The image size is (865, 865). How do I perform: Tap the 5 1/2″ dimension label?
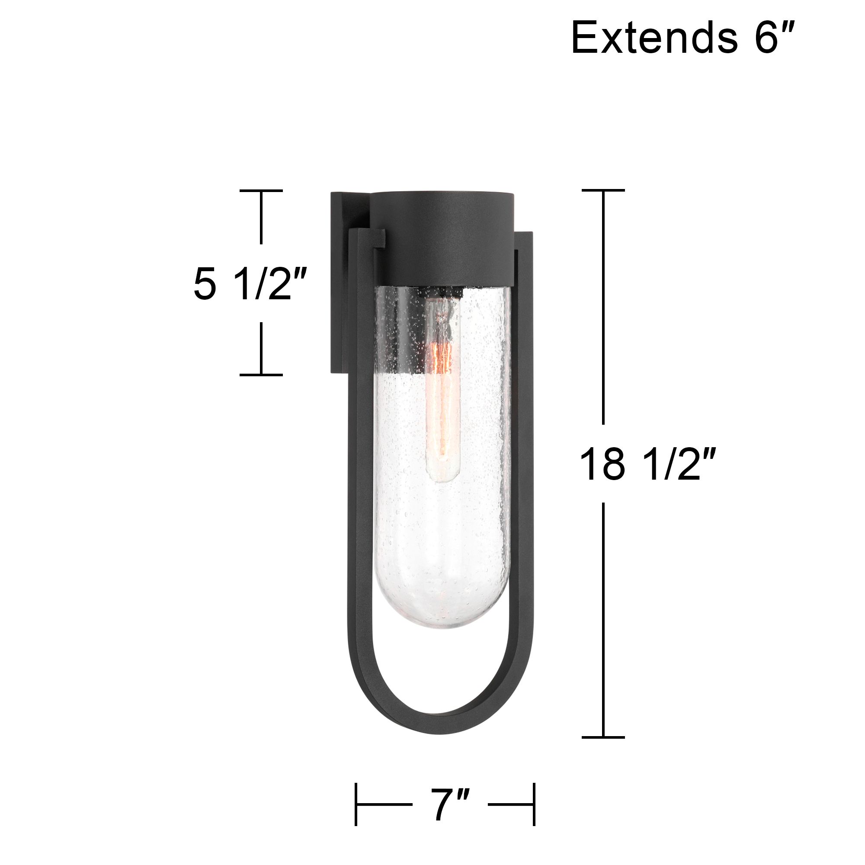pos(250,285)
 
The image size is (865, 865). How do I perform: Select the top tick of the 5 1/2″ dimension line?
pos(261,191)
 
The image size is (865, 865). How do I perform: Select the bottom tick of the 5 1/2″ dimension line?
pos(261,374)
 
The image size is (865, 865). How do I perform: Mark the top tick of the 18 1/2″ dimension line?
pos(603,191)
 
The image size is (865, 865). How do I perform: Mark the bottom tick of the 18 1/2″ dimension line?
pos(603,737)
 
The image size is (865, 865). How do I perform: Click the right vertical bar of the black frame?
pos(524,448)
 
